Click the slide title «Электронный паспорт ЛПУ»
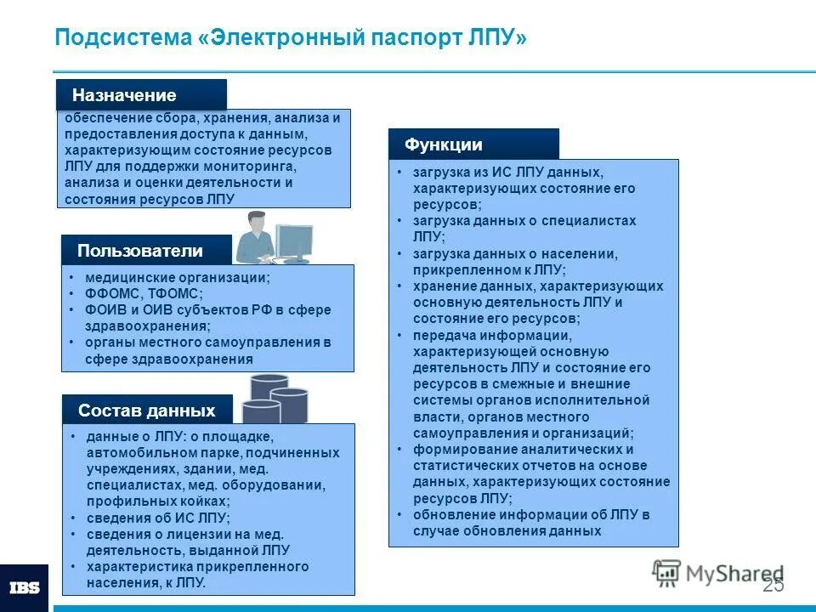point(290,39)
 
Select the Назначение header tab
point(124,95)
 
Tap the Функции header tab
point(443,144)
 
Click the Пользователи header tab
point(140,251)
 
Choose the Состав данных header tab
point(146,411)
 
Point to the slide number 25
point(773,585)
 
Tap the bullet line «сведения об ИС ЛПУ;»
point(158,518)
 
